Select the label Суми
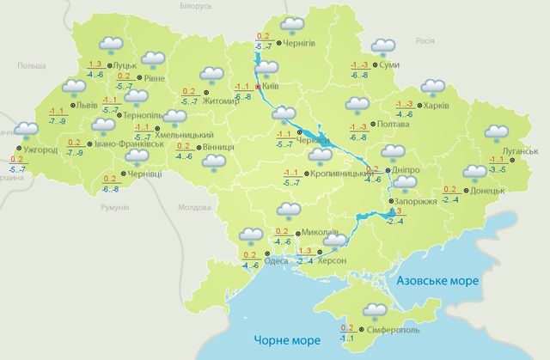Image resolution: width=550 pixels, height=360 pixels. click(388, 65)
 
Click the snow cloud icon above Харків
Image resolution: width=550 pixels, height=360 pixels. click(431, 88)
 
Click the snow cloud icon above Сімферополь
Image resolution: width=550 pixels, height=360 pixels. click(376, 310)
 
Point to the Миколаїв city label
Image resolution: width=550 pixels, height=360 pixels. click(321, 233)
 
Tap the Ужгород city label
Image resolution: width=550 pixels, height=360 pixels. click(40, 149)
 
